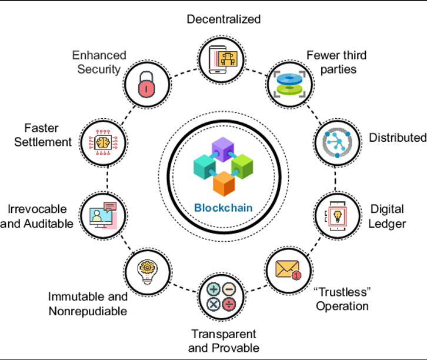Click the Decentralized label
click(223, 19)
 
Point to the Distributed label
click(397, 138)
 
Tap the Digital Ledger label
click(387, 216)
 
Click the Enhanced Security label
click(99, 62)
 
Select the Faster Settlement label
click(48, 135)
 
